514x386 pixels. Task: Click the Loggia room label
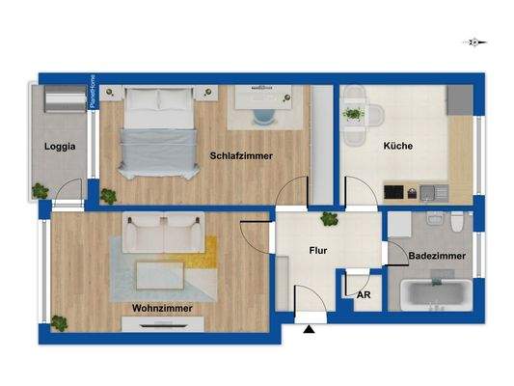pos(60,148)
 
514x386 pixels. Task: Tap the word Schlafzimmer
pos(241,155)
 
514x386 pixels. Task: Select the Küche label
pos(397,147)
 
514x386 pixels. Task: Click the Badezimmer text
pos(437,256)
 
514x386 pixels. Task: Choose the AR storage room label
pos(364,295)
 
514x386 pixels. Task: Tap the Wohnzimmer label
pos(162,308)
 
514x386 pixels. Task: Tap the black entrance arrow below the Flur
pos(310,330)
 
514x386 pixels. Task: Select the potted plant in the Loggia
pos(41,190)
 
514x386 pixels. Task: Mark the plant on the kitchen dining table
pos(353,115)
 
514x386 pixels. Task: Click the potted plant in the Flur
pos(329,219)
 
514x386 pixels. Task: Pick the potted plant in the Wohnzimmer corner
pos(60,322)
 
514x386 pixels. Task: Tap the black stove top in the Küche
pos(395,191)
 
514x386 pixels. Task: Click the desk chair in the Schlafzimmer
pos(263,116)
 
